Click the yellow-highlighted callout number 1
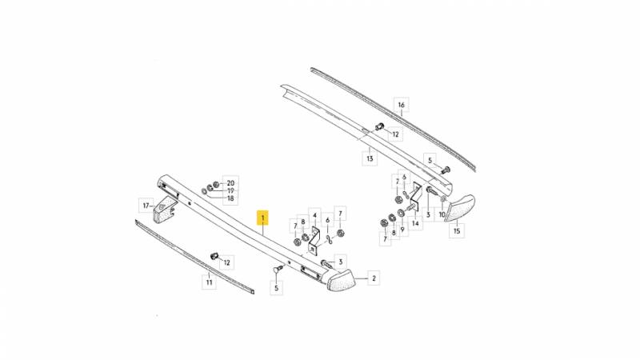(x=263, y=218)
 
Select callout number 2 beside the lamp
(x=374, y=278)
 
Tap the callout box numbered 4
(x=314, y=215)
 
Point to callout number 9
(x=402, y=230)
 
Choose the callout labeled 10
(x=442, y=214)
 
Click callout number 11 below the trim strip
(x=209, y=282)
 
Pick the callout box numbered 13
(x=370, y=158)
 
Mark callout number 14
(x=415, y=223)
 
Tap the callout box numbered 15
(x=457, y=231)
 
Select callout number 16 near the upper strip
(x=402, y=105)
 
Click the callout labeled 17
(x=146, y=206)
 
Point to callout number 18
(x=230, y=198)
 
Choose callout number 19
(x=230, y=190)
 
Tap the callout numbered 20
(x=230, y=183)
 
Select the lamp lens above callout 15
(x=459, y=208)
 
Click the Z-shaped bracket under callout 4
(x=314, y=241)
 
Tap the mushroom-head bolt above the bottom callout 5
(x=278, y=270)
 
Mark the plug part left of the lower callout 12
(x=214, y=257)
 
